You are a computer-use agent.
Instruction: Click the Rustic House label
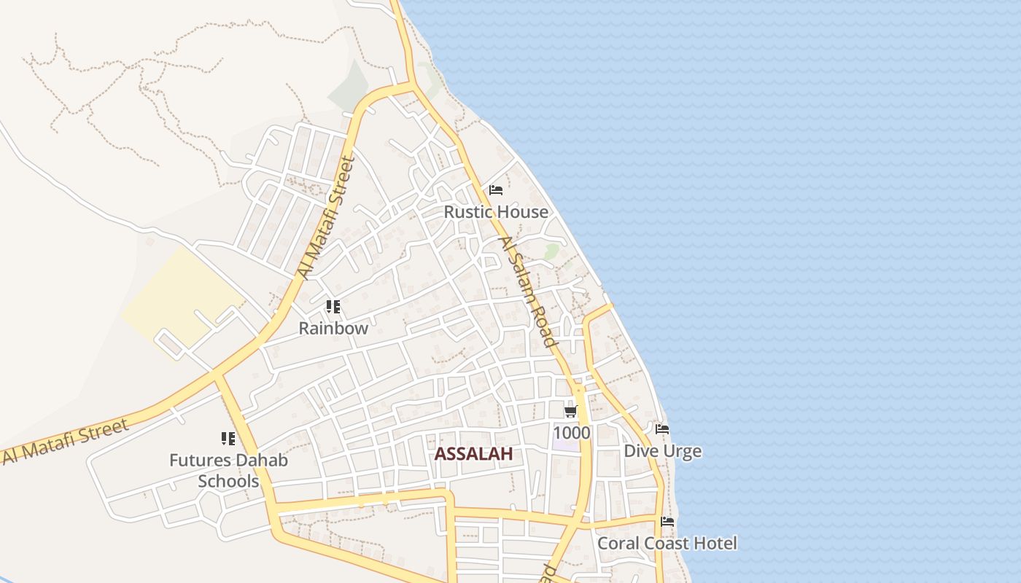click(496, 212)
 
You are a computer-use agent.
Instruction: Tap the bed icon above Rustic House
click(496, 191)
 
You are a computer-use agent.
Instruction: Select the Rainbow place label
click(333, 328)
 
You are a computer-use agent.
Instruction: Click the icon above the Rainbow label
click(333, 307)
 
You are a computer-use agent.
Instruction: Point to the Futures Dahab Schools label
click(228, 471)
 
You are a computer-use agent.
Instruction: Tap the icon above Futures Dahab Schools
click(228, 439)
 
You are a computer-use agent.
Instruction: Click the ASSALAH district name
click(473, 454)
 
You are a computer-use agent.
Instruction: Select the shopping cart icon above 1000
click(571, 412)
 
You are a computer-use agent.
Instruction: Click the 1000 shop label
click(572, 433)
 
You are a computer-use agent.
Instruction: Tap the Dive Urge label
click(662, 451)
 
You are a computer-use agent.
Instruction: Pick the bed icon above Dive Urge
click(662, 429)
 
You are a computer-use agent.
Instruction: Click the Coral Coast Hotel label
click(667, 543)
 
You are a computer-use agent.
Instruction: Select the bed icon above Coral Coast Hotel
click(667, 522)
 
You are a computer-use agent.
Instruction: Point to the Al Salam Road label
click(527, 292)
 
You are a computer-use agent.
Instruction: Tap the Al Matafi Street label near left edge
click(66, 440)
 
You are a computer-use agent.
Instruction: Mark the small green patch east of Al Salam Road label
click(552, 251)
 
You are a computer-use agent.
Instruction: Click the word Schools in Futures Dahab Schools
click(228, 482)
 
